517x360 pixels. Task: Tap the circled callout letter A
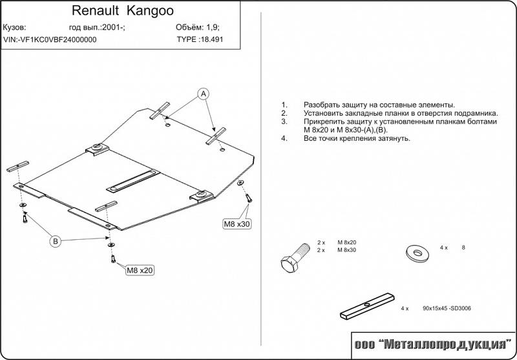204,94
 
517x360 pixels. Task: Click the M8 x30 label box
237,224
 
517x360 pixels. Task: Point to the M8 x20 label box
140,270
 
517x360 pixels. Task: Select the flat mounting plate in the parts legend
366,307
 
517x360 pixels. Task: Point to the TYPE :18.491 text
204,39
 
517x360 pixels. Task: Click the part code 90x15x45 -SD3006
447,310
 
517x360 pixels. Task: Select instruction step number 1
284,105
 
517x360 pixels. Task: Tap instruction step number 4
284,138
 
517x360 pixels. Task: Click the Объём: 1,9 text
196,28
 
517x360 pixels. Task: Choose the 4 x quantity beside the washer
444,248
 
